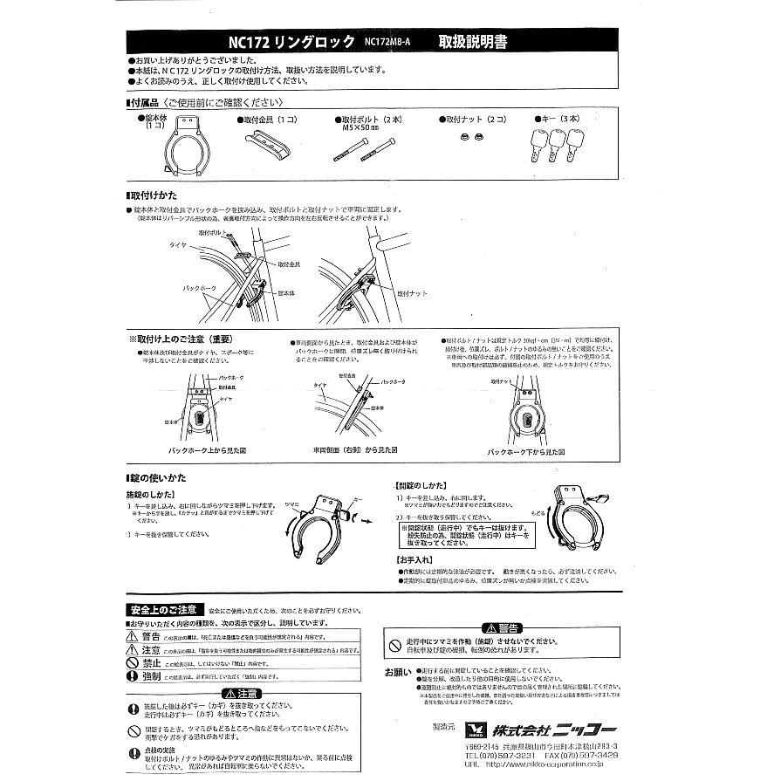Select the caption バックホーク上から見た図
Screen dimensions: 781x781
tap(209, 450)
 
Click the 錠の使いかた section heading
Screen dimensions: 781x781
tap(160, 479)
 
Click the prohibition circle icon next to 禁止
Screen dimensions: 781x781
tap(134, 662)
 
